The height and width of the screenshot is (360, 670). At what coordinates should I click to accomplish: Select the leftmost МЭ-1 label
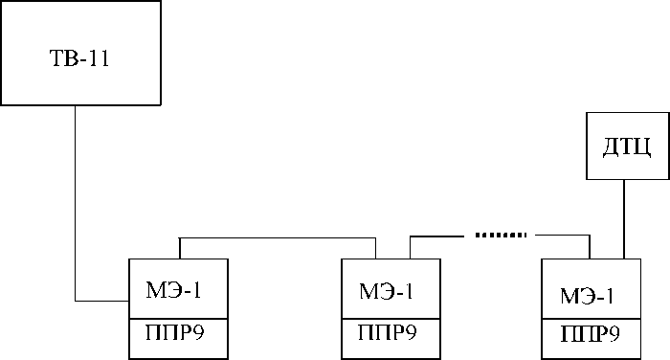(x=177, y=288)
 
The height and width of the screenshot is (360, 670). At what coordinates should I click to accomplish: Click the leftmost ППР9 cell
(x=177, y=336)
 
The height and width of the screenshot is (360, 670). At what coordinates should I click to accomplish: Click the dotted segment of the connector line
(x=500, y=234)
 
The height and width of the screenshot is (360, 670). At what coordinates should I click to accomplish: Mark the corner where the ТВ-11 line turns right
(x=75, y=303)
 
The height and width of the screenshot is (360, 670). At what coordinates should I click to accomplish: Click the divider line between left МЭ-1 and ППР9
(x=177, y=319)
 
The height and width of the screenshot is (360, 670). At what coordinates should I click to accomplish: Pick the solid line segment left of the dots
(x=440, y=235)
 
